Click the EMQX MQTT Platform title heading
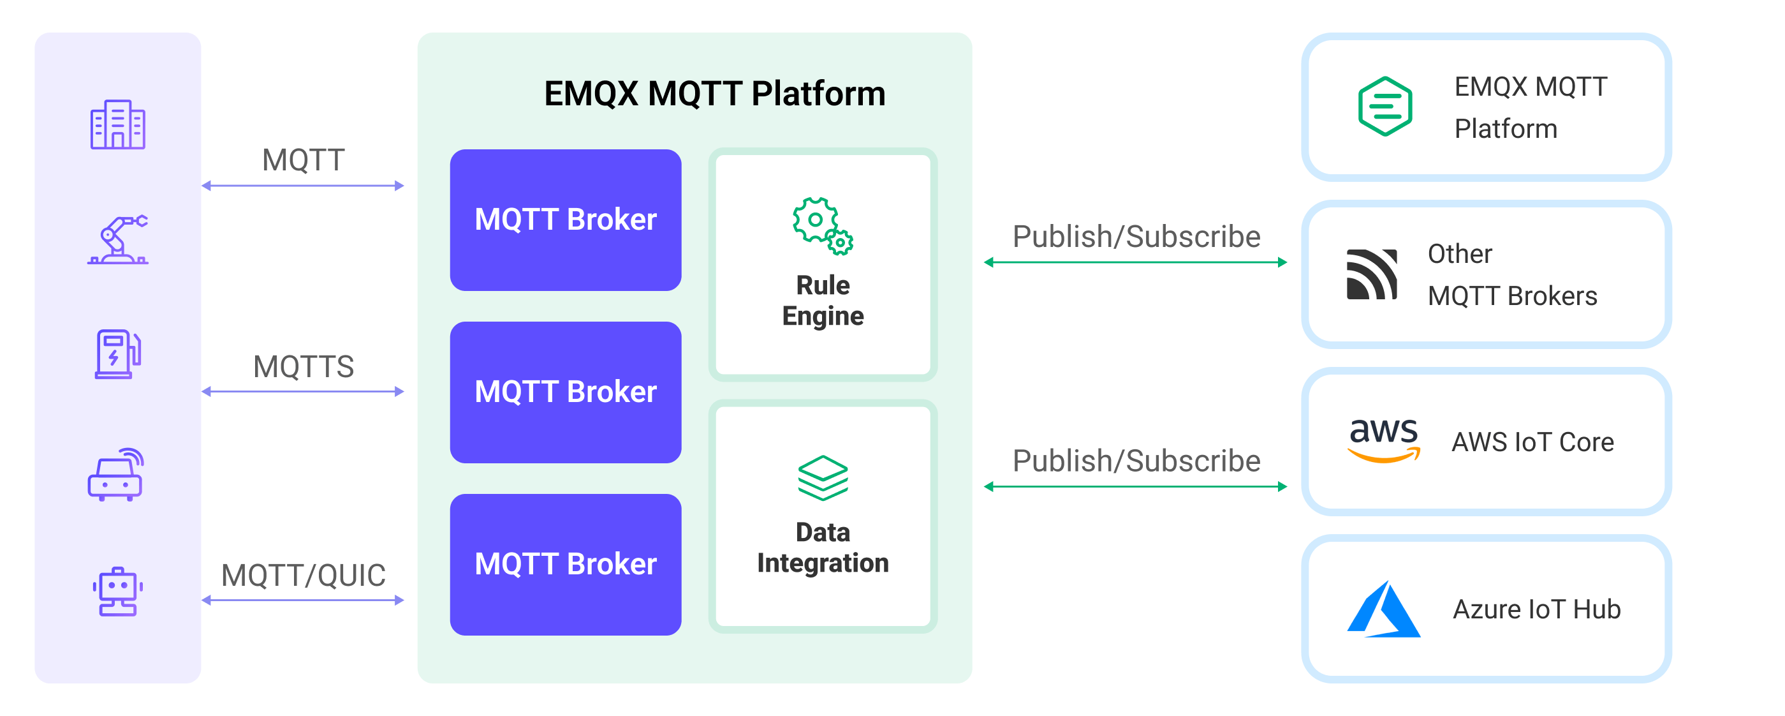714,94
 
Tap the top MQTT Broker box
566,220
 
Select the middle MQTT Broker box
566,392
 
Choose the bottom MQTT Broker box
566,563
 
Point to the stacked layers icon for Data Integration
823,477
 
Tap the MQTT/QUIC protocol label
304,574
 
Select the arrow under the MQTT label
303,186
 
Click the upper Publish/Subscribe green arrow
1135,262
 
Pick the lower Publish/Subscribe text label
1136,461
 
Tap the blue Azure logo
1383,610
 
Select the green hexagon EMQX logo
1385,107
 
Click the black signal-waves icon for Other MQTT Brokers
1371,274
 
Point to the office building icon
118,125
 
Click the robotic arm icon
118,240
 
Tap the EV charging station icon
118,354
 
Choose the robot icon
118,591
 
